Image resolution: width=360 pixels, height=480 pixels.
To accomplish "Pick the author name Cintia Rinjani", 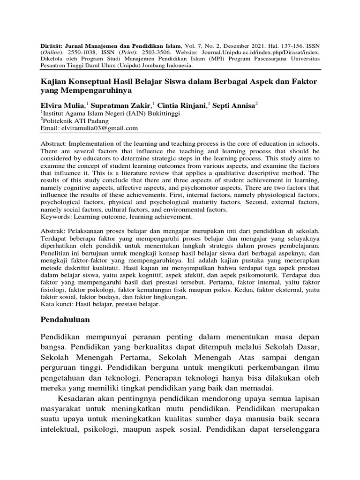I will tap(183, 106).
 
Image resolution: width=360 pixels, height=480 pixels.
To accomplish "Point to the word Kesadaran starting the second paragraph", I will tap(78, 398).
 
